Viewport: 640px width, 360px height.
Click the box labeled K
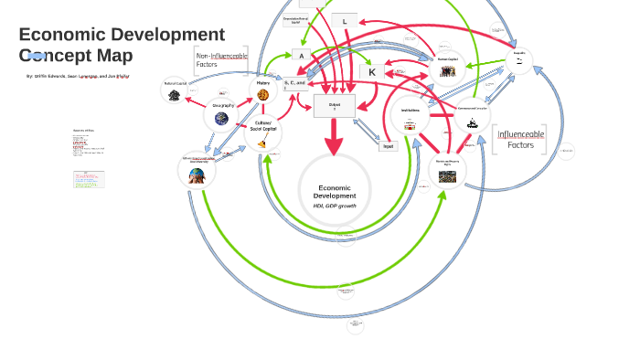tap(372, 71)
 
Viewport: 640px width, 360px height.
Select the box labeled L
tap(345, 21)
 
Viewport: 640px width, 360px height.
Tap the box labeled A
tap(301, 55)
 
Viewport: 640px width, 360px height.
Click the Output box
tap(334, 106)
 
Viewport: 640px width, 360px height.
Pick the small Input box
tap(388, 146)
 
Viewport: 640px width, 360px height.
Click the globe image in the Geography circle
tap(221, 117)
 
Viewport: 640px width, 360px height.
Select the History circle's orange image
tap(263, 94)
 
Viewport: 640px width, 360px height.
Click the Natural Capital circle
tap(174, 90)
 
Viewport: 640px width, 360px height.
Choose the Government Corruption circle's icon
tap(473, 122)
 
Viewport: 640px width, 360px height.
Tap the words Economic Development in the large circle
tap(335, 192)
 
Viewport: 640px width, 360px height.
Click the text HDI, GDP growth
tap(335, 206)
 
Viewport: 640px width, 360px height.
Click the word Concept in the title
tap(55, 55)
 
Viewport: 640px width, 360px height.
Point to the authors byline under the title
tap(78, 77)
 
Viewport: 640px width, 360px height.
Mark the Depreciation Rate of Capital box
tap(296, 20)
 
